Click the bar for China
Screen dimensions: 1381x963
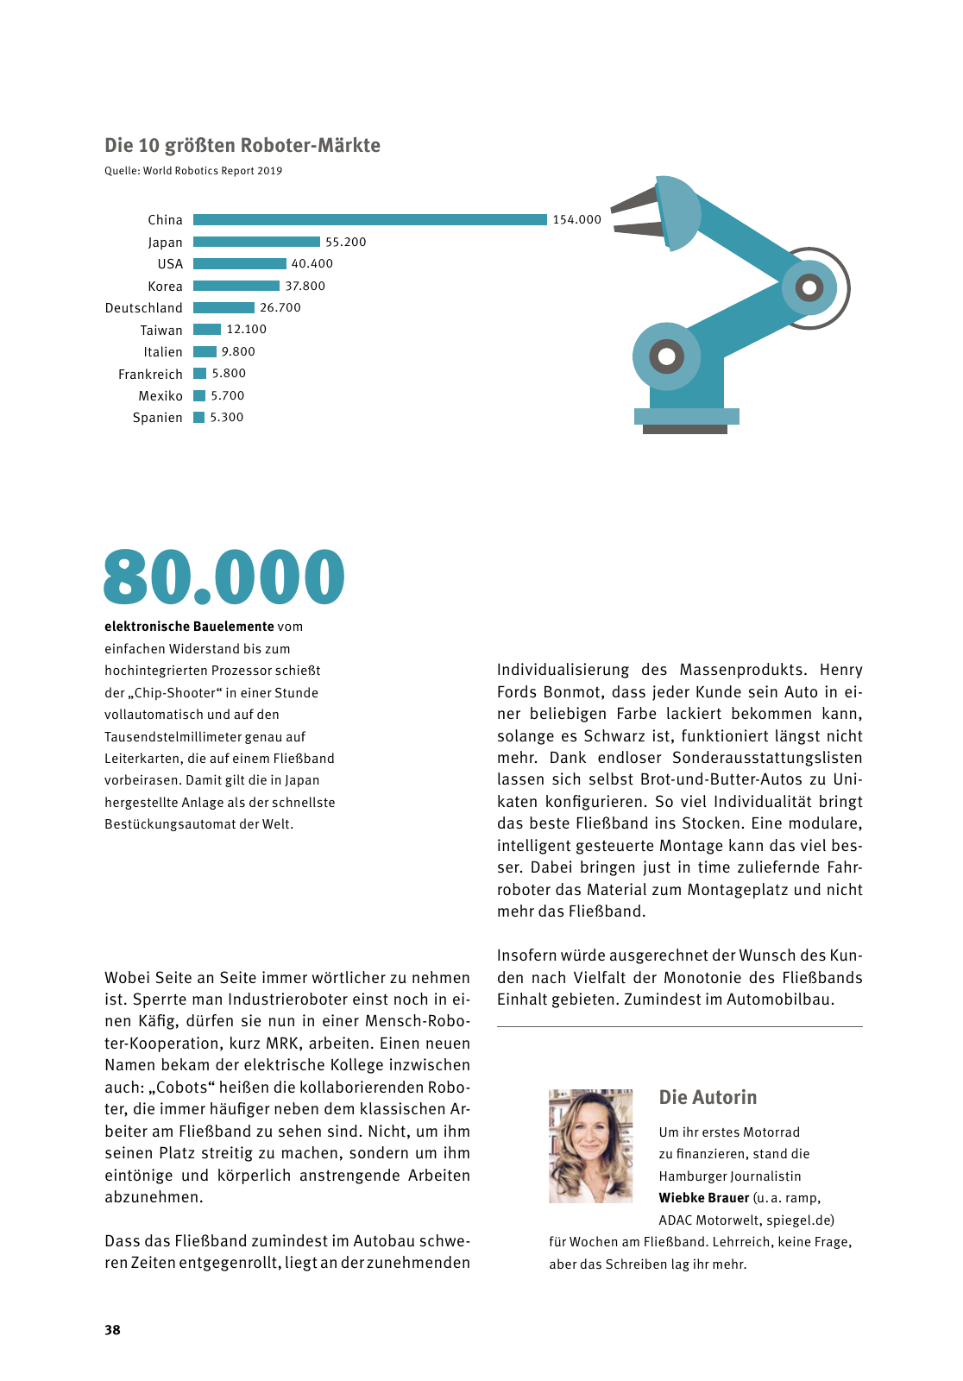(x=369, y=220)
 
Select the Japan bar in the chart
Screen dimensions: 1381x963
(x=256, y=242)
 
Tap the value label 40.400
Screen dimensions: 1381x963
(x=312, y=264)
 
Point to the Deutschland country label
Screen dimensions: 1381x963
(x=144, y=308)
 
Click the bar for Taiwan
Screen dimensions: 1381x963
(x=207, y=330)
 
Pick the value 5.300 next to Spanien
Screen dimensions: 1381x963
(x=227, y=418)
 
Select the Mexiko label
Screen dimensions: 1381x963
(x=160, y=396)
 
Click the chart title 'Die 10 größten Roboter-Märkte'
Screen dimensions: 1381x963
(x=242, y=145)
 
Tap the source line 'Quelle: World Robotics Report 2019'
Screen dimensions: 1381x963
(x=193, y=171)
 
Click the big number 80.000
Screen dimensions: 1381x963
(x=224, y=577)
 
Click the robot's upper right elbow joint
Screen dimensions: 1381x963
(x=809, y=287)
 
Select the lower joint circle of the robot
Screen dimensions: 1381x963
(x=666, y=356)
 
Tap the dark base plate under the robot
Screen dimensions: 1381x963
(x=685, y=429)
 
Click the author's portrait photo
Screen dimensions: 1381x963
(x=591, y=1146)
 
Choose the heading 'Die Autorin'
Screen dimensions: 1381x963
(x=708, y=1098)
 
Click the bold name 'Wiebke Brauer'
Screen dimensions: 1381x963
(x=704, y=1198)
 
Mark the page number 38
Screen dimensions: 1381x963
(x=113, y=1330)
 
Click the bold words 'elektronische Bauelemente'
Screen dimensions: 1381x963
(x=189, y=627)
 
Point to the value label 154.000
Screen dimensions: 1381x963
(x=576, y=220)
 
